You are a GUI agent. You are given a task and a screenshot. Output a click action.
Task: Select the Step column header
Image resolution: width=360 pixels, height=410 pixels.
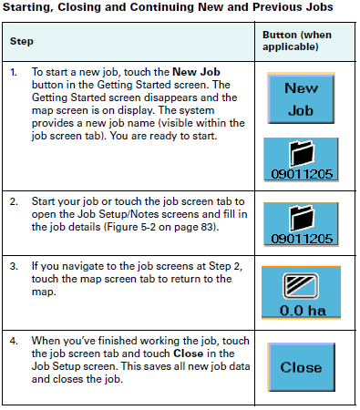(22, 42)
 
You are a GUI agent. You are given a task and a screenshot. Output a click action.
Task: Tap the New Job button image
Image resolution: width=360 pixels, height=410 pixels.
(301, 98)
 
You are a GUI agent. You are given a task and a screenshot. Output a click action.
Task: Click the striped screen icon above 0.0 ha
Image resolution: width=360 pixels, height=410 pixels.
(301, 282)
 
